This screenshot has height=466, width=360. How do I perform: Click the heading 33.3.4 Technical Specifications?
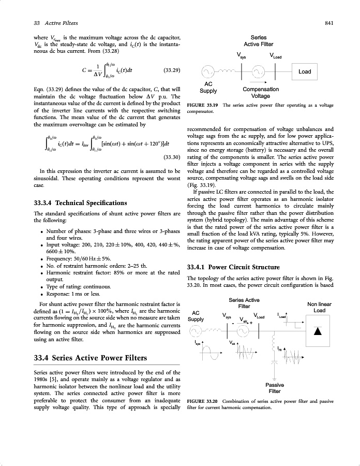click(x=80, y=202)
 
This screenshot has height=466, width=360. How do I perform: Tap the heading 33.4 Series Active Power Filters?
click(x=89, y=358)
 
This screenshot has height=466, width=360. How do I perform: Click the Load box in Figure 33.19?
click(x=305, y=71)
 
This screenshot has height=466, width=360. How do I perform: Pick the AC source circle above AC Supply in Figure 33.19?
click(x=207, y=71)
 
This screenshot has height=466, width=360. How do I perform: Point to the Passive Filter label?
click(x=275, y=388)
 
